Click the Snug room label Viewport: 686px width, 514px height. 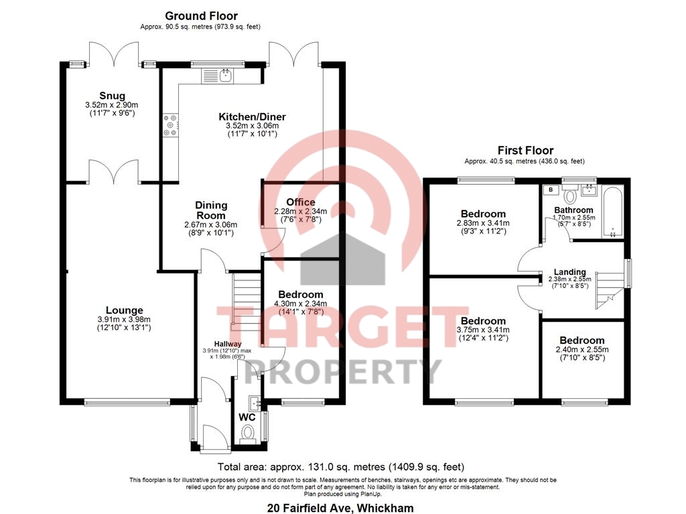[x=112, y=96]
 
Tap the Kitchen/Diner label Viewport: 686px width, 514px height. [x=252, y=116]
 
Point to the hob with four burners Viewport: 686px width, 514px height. [x=171, y=125]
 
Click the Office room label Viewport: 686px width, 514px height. [x=301, y=202]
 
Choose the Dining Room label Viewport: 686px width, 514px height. [x=211, y=210]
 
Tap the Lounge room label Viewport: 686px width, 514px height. [x=124, y=311]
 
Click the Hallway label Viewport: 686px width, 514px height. [x=228, y=344]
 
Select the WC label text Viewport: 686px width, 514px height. [x=247, y=418]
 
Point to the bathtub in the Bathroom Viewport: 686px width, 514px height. [x=612, y=212]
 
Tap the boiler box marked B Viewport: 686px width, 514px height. [x=551, y=189]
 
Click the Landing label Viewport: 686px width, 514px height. [x=569, y=272]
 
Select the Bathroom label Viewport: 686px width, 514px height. [x=573, y=210]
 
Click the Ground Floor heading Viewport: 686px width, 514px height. [x=201, y=16]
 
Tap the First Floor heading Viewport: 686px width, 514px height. [x=525, y=151]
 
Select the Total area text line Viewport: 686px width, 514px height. [x=341, y=466]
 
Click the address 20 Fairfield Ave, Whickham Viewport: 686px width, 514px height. [x=340, y=508]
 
